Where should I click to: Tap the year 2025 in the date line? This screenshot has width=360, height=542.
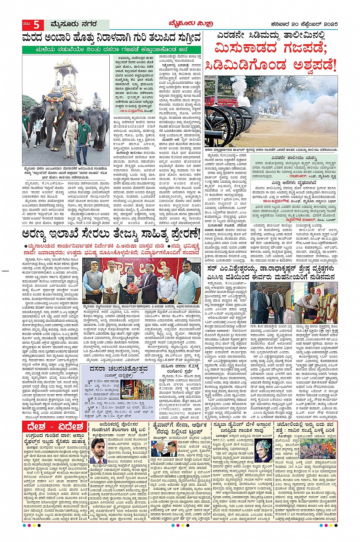pos(329,24)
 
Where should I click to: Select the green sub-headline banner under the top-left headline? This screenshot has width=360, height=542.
pos(111,49)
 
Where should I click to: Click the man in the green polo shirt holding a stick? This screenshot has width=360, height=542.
pos(83,137)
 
